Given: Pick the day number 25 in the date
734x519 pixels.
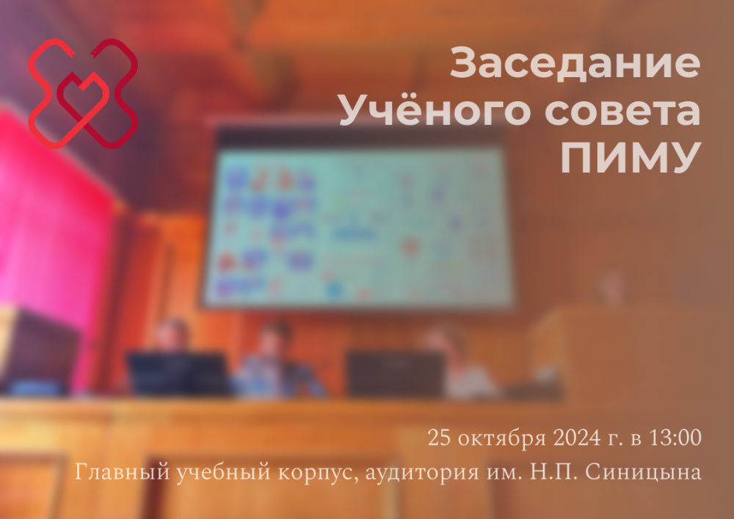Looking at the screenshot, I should click(440, 439).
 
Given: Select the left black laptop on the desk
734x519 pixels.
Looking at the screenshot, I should click(178, 373).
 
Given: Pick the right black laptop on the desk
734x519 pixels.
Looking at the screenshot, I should click(396, 373).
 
